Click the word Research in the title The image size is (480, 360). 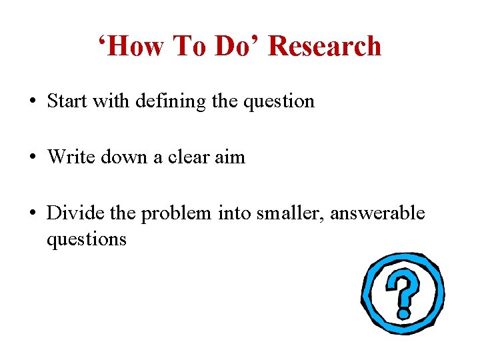coord(325,47)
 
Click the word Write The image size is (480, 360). coord(70,157)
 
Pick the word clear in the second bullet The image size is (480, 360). coord(187,157)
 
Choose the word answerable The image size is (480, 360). coord(377,213)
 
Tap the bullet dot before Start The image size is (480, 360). coord(32,102)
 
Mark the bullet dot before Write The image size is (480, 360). coord(32,158)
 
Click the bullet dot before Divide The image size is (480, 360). coord(32,214)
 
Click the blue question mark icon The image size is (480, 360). coord(402,294)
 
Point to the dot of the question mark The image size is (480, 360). coord(404,311)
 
